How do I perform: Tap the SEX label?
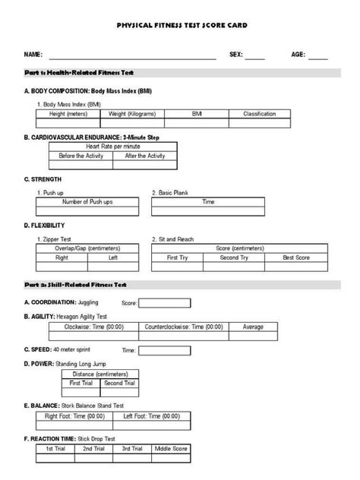coord(235,55)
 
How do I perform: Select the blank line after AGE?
coord(317,55)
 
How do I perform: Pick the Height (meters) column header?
coord(68,113)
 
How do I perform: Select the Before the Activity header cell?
coord(81,155)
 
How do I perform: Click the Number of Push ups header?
coord(87,202)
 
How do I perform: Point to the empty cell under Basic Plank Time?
coord(208,212)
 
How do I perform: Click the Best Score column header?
coord(295,257)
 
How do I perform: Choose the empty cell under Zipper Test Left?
coord(113,268)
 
